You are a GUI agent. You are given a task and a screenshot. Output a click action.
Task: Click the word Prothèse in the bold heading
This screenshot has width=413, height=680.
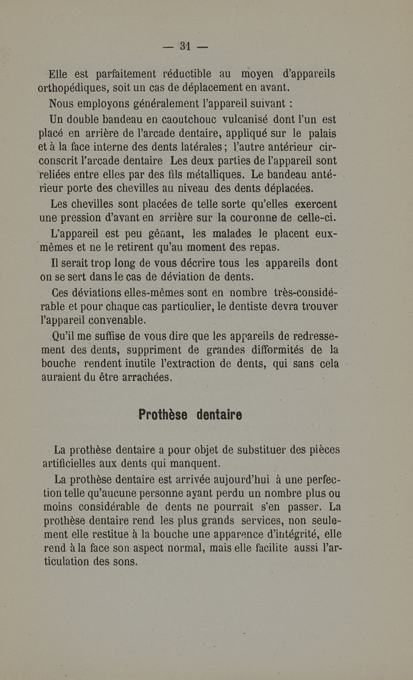click(x=162, y=415)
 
